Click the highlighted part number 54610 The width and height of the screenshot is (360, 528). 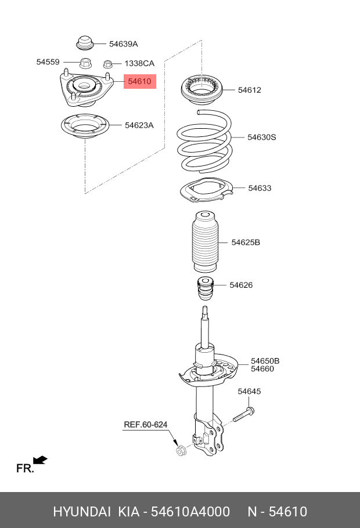pyautogui.click(x=139, y=82)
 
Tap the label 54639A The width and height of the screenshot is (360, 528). pyautogui.click(x=123, y=44)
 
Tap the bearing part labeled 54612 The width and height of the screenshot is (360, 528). pyautogui.click(x=203, y=89)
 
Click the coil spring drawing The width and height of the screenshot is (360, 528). pyautogui.click(x=204, y=140)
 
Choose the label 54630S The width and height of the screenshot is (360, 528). pyautogui.click(x=261, y=138)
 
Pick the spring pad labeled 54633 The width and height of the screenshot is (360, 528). pyautogui.click(x=204, y=191)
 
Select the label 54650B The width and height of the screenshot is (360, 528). pyautogui.click(x=265, y=361)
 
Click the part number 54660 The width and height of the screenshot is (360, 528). pyautogui.click(x=262, y=369)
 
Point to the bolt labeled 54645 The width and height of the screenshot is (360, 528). pyautogui.click(x=244, y=415)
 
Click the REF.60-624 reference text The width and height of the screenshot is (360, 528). pyautogui.click(x=145, y=425)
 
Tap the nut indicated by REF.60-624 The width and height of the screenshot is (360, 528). pyautogui.click(x=181, y=450)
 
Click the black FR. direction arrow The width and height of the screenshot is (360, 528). pyautogui.click(x=40, y=460)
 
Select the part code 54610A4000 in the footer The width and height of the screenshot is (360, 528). pyautogui.click(x=191, y=511)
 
